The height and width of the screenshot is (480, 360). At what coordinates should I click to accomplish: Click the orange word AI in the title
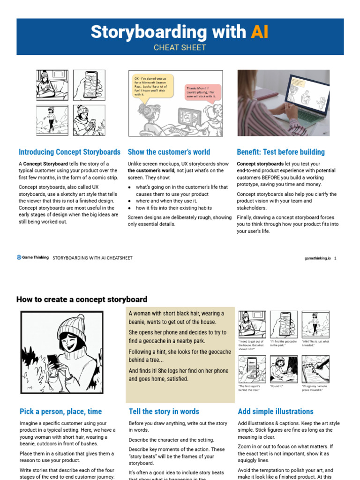(x=259, y=32)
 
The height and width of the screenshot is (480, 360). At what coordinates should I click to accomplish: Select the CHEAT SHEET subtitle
(x=180, y=47)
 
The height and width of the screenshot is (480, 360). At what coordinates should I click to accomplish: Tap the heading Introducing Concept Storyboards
(x=69, y=152)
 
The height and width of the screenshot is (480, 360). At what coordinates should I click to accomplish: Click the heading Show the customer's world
(x=169, y=152)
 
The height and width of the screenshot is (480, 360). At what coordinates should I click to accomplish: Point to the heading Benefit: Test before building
(x=281, y=152)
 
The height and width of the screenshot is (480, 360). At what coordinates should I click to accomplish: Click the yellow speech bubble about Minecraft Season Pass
(x=152, y=86)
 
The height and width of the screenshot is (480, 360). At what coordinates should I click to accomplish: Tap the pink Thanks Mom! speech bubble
(x=202, y=91)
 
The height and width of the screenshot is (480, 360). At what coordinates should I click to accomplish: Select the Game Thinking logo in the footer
(x=32, y=257)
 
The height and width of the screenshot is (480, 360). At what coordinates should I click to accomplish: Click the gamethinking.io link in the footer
(x=317, y=258)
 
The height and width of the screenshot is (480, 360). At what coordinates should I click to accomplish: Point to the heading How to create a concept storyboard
(x=82, y=299)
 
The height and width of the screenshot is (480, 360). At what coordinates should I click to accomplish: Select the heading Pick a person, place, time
(x=60, y=412)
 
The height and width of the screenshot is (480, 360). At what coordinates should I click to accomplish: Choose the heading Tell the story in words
(x=164, y=412)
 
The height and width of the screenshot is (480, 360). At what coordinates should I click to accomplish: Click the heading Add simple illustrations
(x=276, y=412)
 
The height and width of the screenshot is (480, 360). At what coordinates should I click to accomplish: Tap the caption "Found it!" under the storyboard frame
(x=277, y=386)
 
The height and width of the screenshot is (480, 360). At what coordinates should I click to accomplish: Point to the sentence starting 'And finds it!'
(x=179, y=375)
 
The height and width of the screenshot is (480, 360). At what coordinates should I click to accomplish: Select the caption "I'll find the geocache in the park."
(x=284, y=344)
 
